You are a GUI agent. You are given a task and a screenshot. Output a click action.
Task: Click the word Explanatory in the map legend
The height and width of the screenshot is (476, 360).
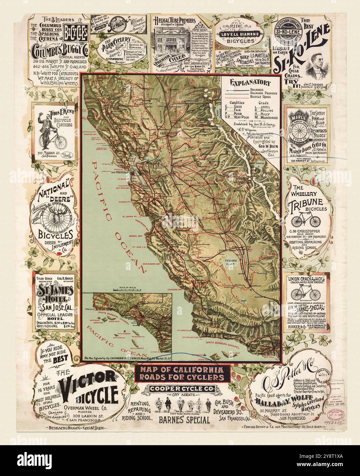pyautogui.click(x=250, y=83)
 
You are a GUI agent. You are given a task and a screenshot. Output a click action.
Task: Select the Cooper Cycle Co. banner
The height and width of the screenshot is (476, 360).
pyautogui.click(x=180, y=389)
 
